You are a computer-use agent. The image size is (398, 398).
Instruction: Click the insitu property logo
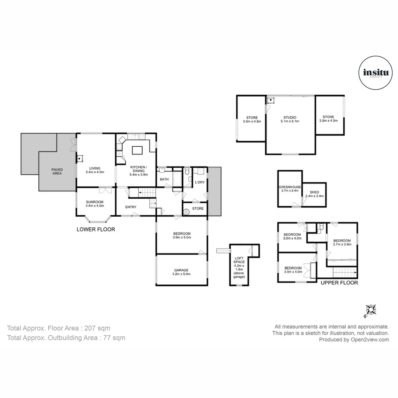tap(375, 73)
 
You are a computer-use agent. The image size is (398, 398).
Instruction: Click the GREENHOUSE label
tap(290, 187)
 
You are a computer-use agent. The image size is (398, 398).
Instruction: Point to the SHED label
tap(314, 192)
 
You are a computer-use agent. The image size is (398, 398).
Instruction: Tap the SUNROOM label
tap(95, 202)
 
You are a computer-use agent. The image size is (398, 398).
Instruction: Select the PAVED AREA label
tap(57, 170)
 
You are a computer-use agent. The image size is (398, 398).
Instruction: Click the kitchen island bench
tap(137, 150)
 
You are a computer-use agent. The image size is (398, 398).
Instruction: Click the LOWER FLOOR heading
tap(95, 229)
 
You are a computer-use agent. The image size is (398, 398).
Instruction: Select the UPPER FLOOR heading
tap(339, 283)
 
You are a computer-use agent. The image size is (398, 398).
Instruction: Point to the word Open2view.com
tap(370, 340)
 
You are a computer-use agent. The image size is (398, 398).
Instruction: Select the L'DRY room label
tap(200, 182)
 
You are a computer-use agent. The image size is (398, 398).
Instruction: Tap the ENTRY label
tap(131, 207)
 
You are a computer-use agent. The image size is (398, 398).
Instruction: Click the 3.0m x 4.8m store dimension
tap(252, 121)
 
